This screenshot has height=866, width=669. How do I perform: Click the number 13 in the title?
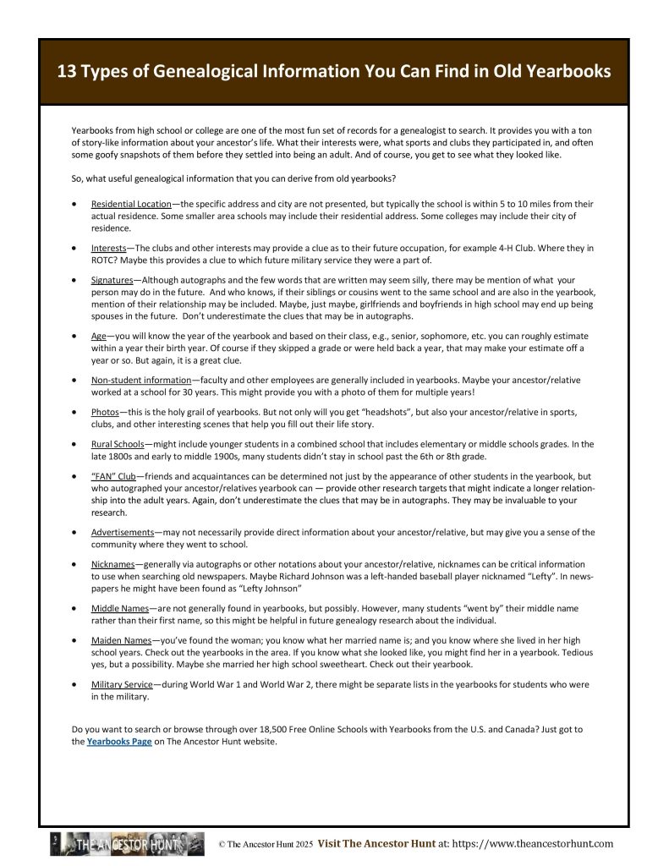coord(67,72)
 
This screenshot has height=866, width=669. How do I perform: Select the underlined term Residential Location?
coord(131,205)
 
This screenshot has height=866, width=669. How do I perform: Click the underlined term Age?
coord(98,335)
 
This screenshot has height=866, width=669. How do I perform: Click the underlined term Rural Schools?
coord(118,444)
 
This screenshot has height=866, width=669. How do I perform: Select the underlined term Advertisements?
coord(123,532)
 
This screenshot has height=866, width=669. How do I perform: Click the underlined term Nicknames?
coord(112,564)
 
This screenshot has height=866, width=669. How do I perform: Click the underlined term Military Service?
coord(123,684)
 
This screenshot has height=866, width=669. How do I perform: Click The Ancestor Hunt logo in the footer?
coord(127,844)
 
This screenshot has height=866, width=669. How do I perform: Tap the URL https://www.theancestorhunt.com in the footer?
coord(530,843)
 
